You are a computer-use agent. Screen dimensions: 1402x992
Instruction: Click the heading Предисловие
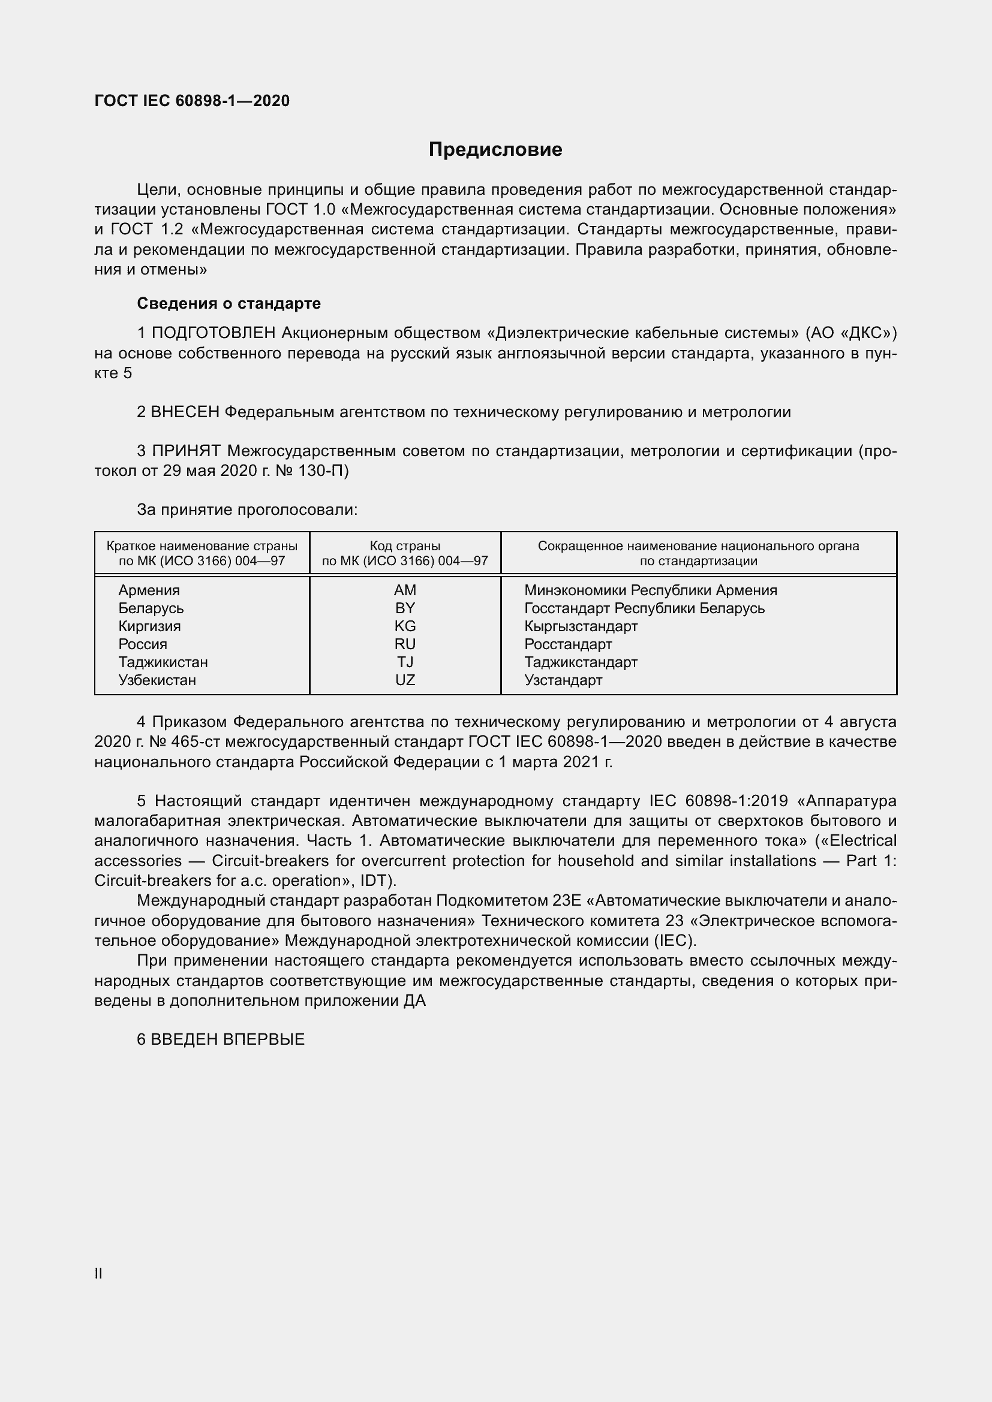point(495,150)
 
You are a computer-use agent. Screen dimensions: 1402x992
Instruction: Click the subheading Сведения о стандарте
point(229,303)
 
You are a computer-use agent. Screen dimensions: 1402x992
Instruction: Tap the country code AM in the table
point(405,590)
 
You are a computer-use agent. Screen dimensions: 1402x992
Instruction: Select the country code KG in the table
point(405,626)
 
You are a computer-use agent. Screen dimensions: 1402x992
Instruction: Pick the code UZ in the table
point(405,680)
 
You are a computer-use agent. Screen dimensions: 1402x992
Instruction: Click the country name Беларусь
point(151,608)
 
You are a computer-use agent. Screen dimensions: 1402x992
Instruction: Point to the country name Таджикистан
point(163,662)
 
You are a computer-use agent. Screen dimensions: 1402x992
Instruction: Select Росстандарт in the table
point(568,644)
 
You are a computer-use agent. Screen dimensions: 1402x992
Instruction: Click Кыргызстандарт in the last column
point(581,626)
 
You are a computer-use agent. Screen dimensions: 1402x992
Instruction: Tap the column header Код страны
point(405,546)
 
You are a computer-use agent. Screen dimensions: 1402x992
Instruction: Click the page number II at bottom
point(98,1273)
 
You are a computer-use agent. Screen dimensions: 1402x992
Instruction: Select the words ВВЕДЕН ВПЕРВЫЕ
point(227,1039)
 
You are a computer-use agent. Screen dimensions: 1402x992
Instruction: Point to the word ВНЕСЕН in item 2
point(185,412)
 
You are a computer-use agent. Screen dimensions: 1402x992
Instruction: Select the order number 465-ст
point(187,742)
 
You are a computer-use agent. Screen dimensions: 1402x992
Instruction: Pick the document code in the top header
point(192,101)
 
